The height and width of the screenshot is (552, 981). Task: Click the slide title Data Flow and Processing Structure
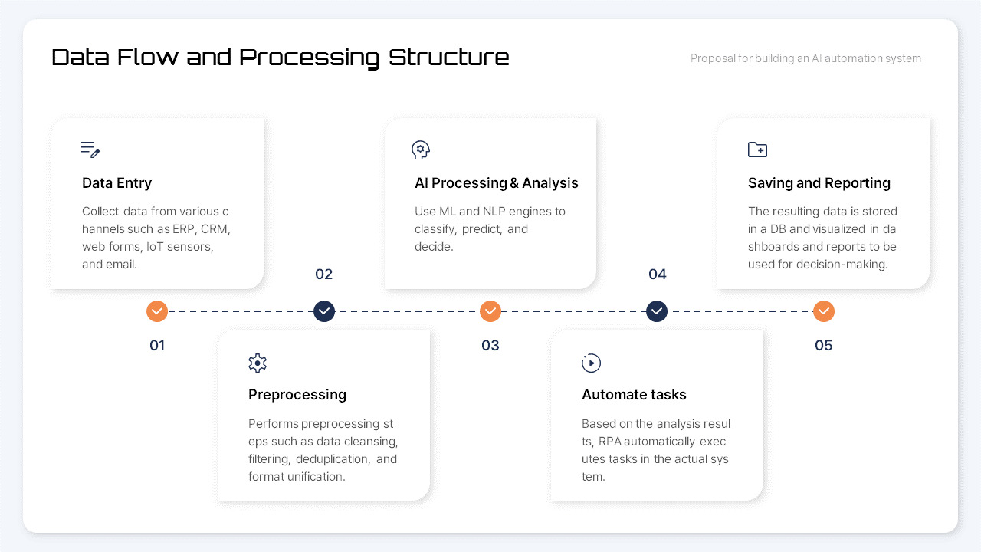coord(280,58)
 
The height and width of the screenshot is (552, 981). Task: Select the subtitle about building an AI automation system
coord(805,58)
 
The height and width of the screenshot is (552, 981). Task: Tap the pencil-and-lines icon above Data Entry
coord(90,149)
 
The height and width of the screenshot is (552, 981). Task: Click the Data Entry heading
coord(116,183)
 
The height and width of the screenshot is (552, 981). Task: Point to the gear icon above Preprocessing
coord(258,363)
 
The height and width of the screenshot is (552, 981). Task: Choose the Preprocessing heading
coord(297,395)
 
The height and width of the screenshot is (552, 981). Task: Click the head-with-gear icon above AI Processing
coord(420,149)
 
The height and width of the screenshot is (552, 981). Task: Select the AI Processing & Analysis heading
coord(496,183)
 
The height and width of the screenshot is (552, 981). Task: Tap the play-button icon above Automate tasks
coord(591,363)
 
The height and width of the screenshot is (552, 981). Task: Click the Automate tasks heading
coord(634,395)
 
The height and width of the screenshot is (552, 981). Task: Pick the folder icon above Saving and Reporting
coord(757,149)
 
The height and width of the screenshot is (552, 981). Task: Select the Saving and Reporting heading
coord(819,183)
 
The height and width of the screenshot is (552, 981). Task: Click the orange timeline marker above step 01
coord(157,311)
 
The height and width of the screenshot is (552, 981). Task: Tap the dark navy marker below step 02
coord(324,311)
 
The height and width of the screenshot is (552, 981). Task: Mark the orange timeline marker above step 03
coord(490,311)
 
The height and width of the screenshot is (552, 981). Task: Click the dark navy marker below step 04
coord(657,311)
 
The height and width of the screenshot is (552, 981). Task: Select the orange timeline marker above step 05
coord(824,311)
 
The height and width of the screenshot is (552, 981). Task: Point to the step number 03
coord(490,346)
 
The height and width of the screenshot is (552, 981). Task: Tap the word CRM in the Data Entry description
coord(215,229)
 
